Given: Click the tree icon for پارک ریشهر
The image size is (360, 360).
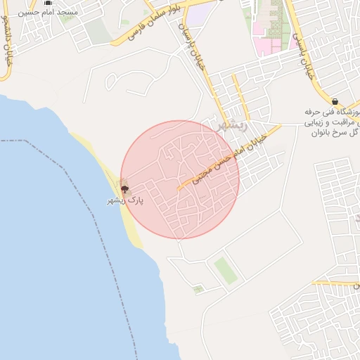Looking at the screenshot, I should (x=124, y=188).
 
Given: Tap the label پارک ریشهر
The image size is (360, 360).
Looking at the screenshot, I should (x=124, y=200).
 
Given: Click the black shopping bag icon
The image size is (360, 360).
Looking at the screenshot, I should (x=335, y=101).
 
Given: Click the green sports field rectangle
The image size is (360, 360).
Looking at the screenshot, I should (x=224, y=270).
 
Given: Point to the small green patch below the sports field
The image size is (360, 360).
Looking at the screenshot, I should (x=198, y=288).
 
